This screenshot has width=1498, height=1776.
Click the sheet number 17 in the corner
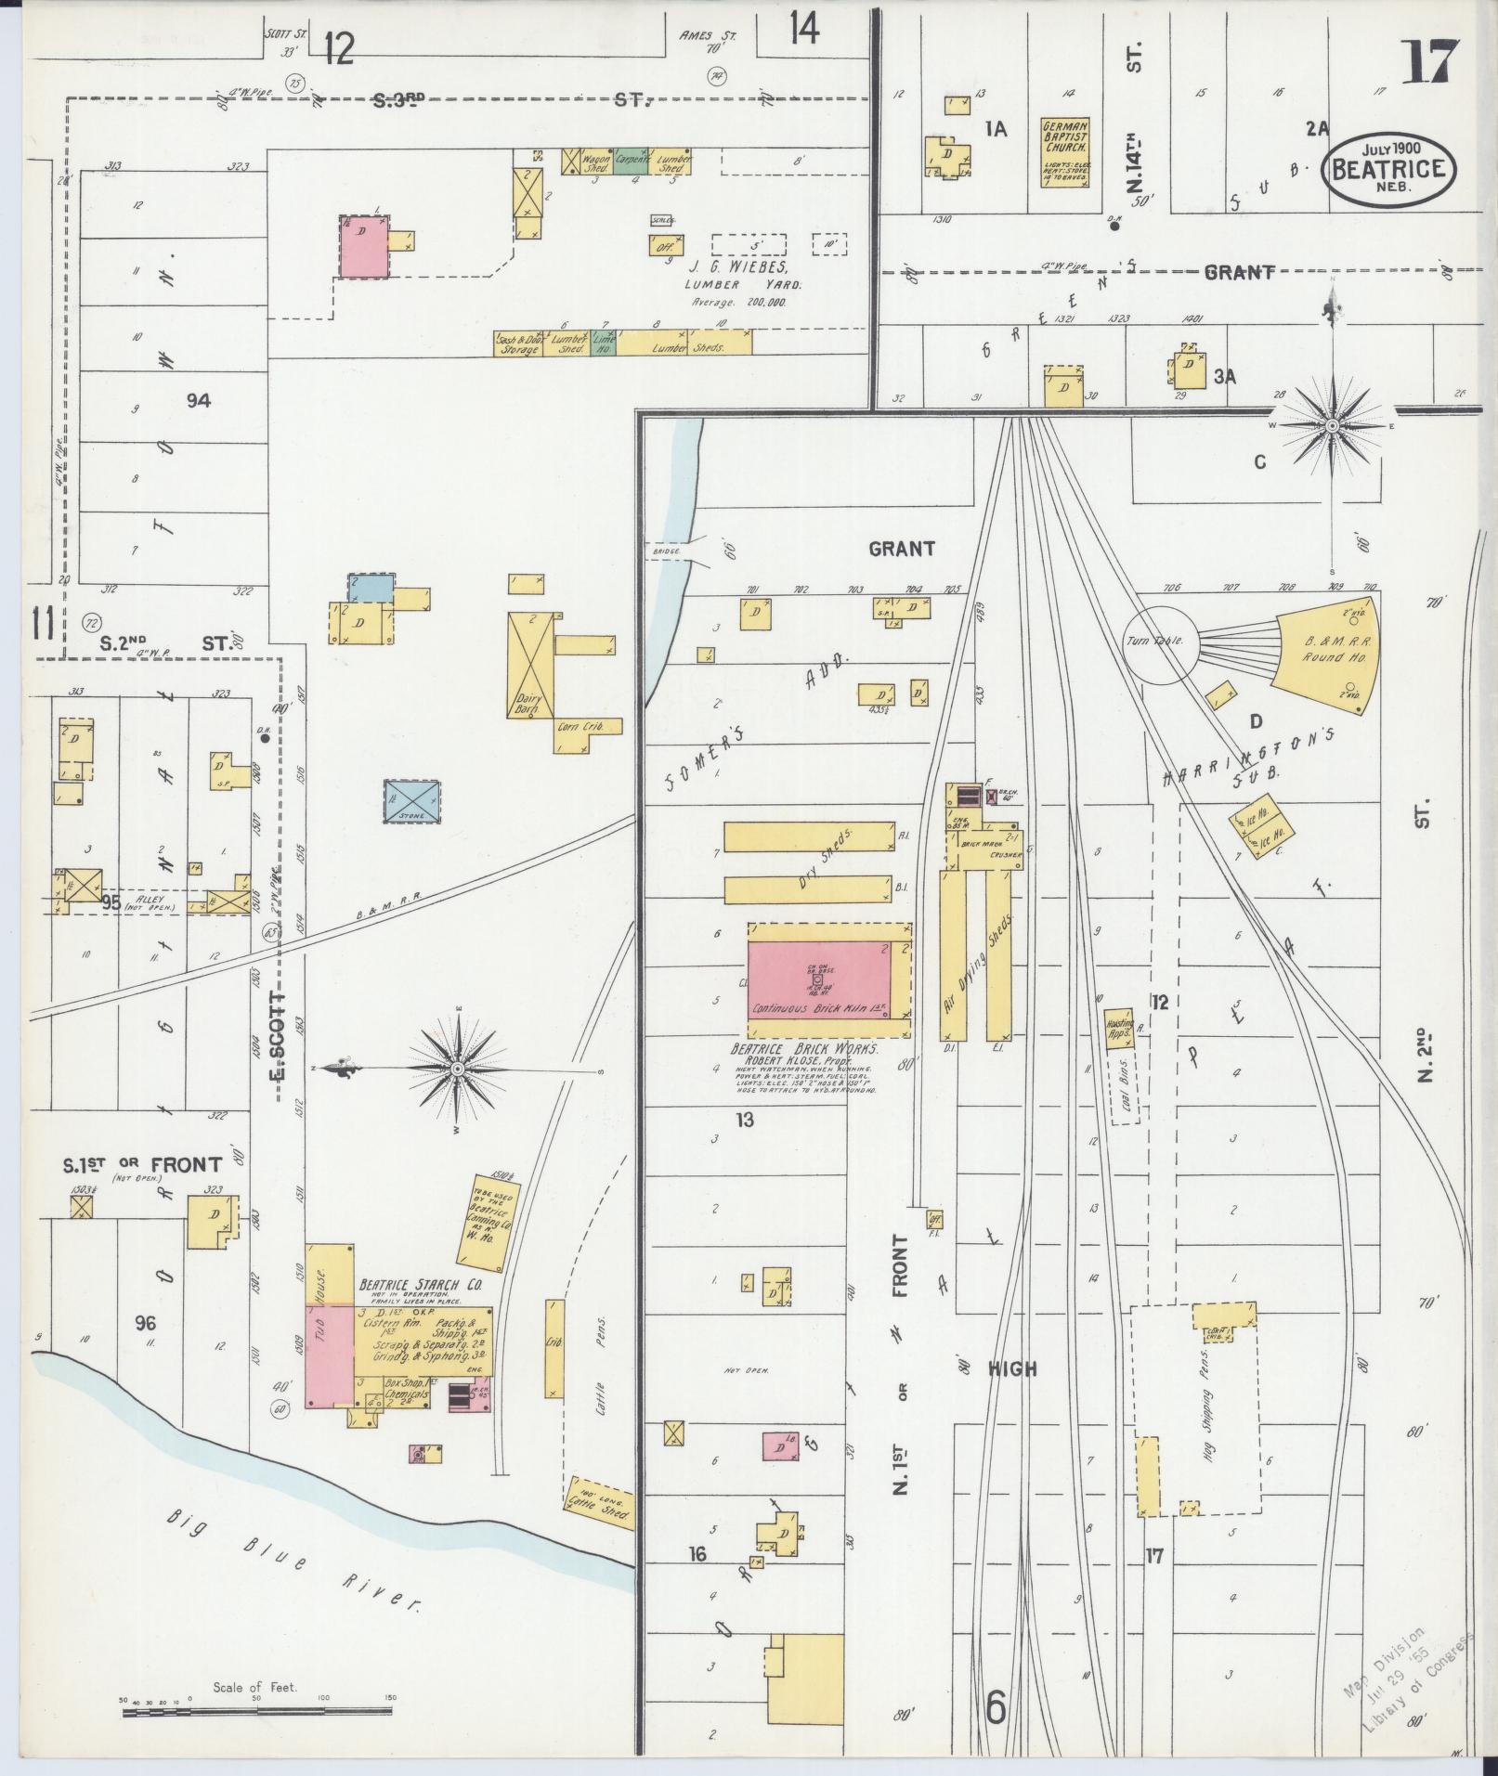1434,63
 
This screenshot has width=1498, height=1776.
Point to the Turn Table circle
1161,642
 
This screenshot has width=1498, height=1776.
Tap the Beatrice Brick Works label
804,1046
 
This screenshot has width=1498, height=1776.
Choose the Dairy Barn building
530,665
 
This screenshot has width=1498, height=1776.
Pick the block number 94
198,401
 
